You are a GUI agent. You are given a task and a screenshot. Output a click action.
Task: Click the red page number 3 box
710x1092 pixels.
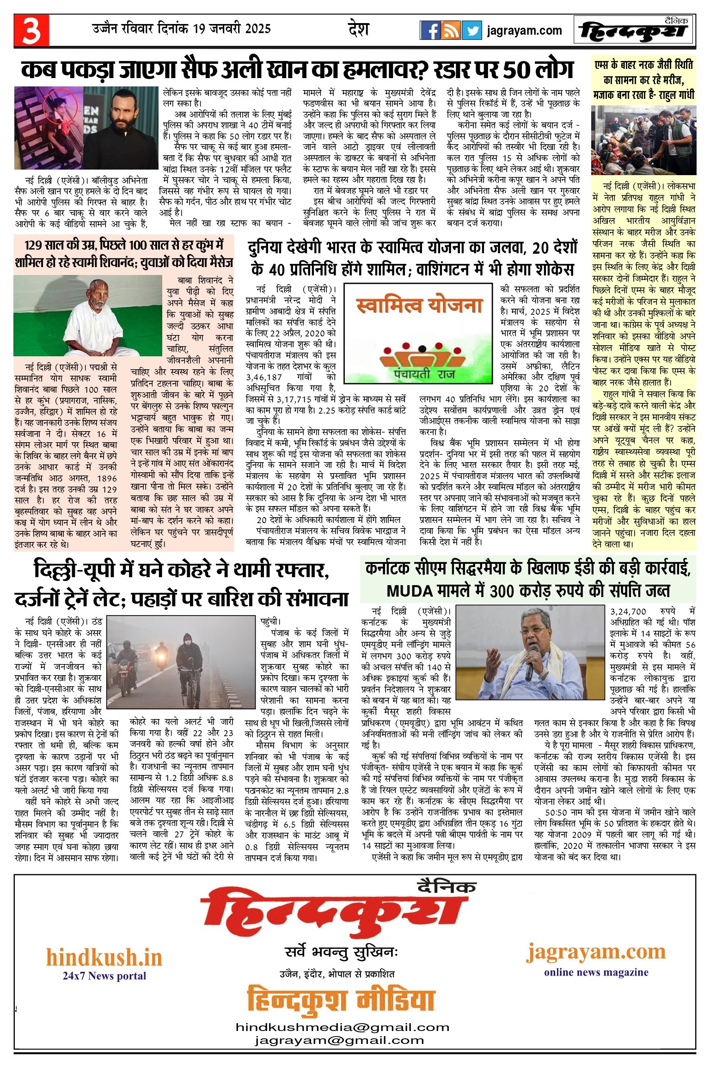tap(31, 31)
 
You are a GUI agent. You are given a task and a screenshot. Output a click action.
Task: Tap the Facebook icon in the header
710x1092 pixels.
tap(430, 31)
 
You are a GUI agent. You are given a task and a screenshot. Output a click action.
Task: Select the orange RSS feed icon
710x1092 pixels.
tap(451, 31)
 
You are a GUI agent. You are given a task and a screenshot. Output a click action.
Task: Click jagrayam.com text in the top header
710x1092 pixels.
tap(524, 31)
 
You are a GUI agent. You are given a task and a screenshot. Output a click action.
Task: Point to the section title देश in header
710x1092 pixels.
tap(358, 29)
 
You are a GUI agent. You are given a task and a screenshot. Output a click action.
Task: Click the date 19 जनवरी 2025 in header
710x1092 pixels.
tap(232, 29)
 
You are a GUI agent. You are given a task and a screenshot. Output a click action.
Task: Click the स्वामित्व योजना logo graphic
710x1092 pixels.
tap(418, 333)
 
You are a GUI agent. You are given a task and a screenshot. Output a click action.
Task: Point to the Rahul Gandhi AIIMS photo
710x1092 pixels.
tap(643, 140)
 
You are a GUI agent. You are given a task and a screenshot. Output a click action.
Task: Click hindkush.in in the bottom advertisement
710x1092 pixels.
tap(104, 958)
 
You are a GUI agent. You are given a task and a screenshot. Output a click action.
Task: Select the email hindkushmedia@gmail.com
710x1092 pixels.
tap(343, 1027)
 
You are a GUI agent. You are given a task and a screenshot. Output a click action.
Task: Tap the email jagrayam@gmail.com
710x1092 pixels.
tap(339, 1040)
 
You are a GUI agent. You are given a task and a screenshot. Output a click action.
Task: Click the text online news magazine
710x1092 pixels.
tap(596, 972)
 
